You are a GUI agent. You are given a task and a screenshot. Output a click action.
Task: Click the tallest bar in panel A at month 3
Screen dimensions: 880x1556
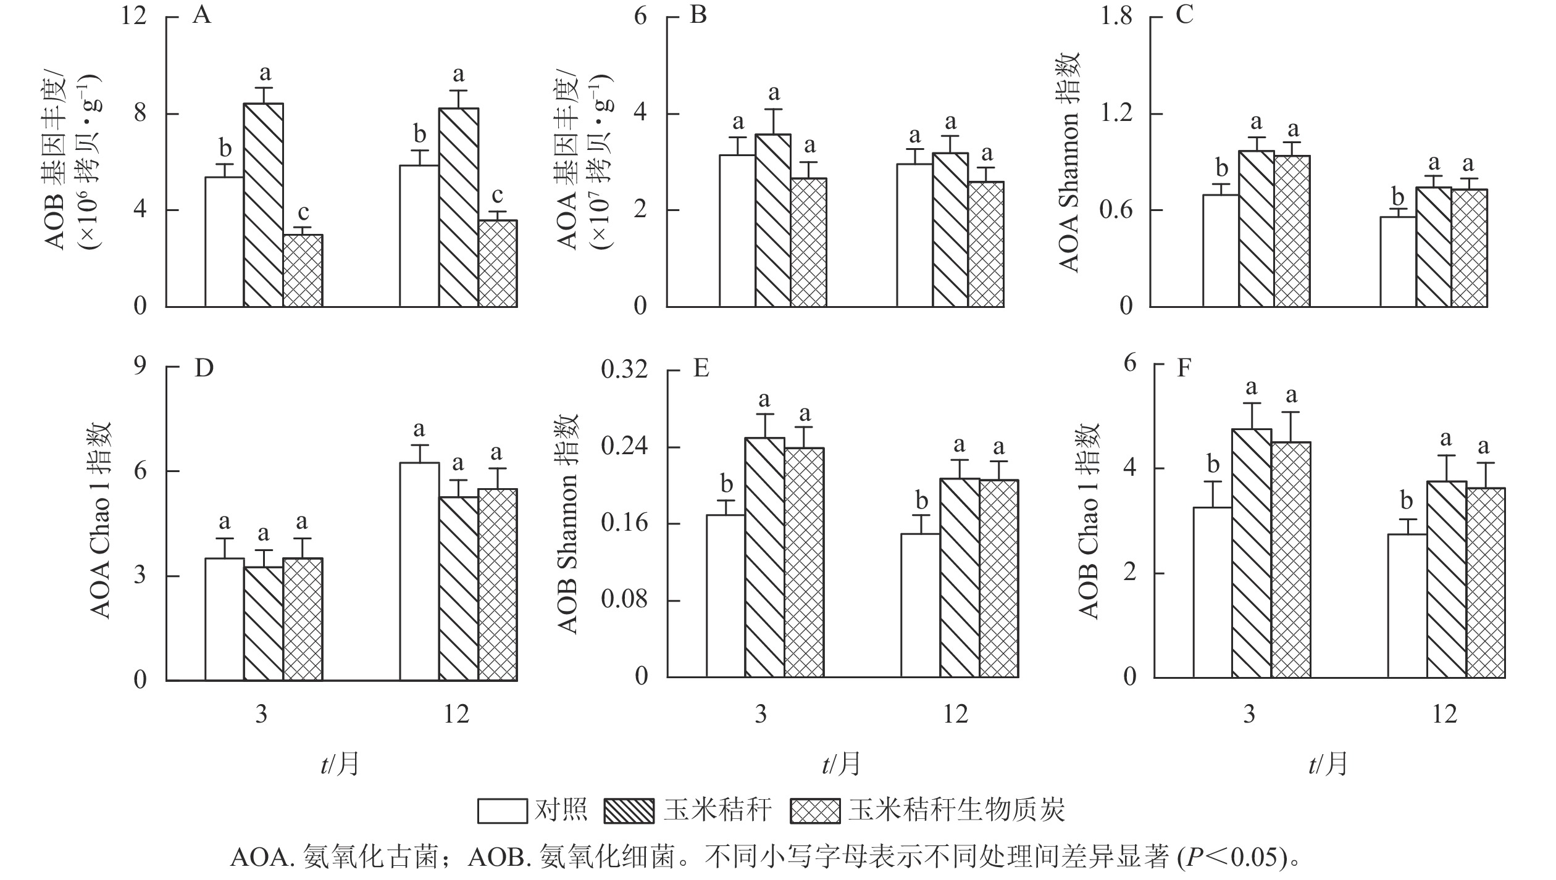point(264,205)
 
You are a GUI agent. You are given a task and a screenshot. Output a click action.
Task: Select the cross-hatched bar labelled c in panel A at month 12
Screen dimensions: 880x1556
point(498,264)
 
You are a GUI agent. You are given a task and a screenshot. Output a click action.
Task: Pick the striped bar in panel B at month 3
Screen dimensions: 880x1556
point(773,220)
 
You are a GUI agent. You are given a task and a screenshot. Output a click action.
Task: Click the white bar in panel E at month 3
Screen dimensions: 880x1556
point(726,596)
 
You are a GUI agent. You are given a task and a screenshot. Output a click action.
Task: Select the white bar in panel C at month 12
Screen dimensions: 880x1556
point(1398,262)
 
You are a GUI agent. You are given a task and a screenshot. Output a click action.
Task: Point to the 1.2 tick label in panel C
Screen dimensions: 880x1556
point(1116,114)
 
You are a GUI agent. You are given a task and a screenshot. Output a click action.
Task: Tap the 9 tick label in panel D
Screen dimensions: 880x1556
point(140,367)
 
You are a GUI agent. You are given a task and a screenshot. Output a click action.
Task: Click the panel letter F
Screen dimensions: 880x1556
point(1184,368)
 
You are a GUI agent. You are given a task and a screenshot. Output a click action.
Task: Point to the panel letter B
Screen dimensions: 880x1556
point(698,15)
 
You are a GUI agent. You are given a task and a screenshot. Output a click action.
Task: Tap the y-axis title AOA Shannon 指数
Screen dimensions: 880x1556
point(1069,162)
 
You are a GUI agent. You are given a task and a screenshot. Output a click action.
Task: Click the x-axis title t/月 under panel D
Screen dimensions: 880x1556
point(340,765)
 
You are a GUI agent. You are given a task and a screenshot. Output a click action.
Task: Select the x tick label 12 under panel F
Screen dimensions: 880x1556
point(1444,715)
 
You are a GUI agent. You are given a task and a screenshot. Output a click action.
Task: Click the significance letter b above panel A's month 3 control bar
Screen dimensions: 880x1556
point(225,149)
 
